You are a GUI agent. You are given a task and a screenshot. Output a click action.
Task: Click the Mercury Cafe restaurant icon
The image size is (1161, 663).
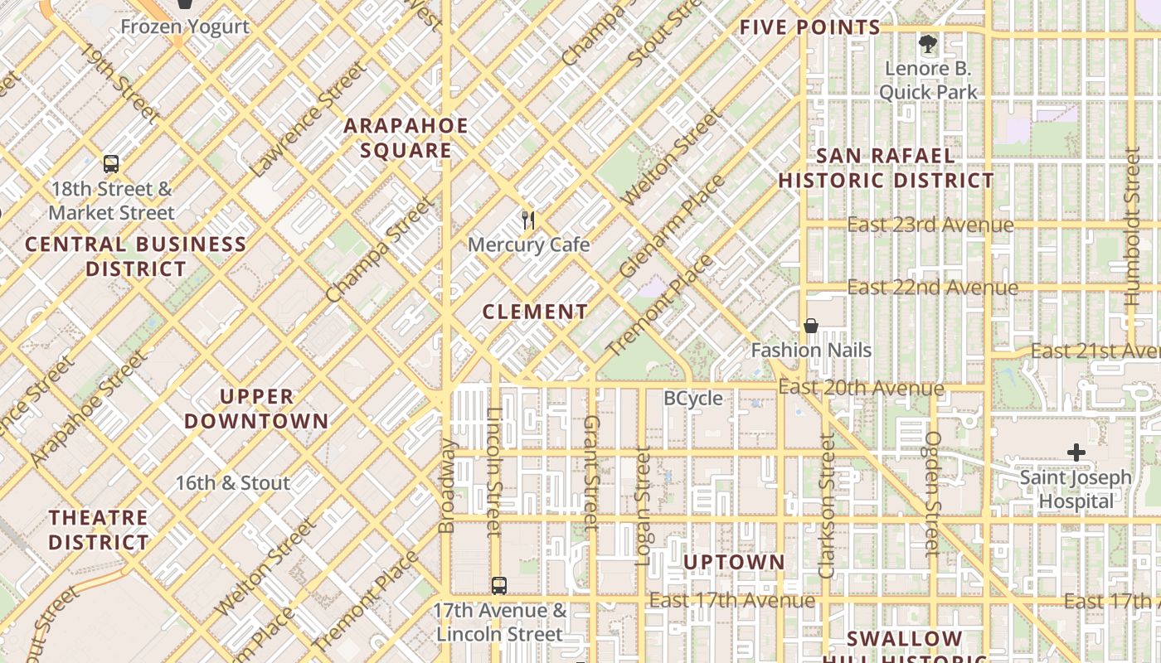528,220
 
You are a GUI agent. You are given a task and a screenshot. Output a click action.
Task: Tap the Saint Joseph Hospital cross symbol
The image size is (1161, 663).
1076,452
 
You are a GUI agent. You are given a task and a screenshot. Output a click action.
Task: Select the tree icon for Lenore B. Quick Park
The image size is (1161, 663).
927,43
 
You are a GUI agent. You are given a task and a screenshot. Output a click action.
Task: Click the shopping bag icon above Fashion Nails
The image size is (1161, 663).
811,326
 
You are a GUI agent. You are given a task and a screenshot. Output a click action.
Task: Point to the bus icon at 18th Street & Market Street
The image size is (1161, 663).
111,164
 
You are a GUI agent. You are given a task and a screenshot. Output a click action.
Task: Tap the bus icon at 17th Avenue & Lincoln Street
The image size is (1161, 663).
498,586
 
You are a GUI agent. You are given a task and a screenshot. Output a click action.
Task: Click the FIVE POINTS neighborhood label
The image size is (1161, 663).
809,27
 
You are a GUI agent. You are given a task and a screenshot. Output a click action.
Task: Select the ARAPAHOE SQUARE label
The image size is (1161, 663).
406,138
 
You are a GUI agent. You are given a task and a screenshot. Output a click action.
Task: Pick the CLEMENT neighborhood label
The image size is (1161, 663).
535,312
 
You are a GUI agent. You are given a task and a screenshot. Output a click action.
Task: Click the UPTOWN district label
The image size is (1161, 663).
734,563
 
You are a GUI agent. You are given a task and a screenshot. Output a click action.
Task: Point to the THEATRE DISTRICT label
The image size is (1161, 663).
99,530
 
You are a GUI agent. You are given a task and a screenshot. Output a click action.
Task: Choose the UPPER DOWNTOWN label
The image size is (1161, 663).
256,409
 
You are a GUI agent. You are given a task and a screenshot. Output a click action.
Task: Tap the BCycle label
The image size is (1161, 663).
693,399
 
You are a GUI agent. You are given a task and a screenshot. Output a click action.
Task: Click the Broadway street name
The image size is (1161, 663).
447,486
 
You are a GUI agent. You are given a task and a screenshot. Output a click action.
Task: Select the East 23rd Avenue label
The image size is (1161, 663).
930,225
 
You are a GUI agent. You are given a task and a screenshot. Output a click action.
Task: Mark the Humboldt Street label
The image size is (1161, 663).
1132,228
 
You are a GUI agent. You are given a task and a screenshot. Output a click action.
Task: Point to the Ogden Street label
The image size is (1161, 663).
934,492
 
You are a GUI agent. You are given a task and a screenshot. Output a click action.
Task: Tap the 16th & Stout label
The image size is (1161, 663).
233,483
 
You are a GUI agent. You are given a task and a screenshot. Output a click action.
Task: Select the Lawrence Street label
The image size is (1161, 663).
306,119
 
